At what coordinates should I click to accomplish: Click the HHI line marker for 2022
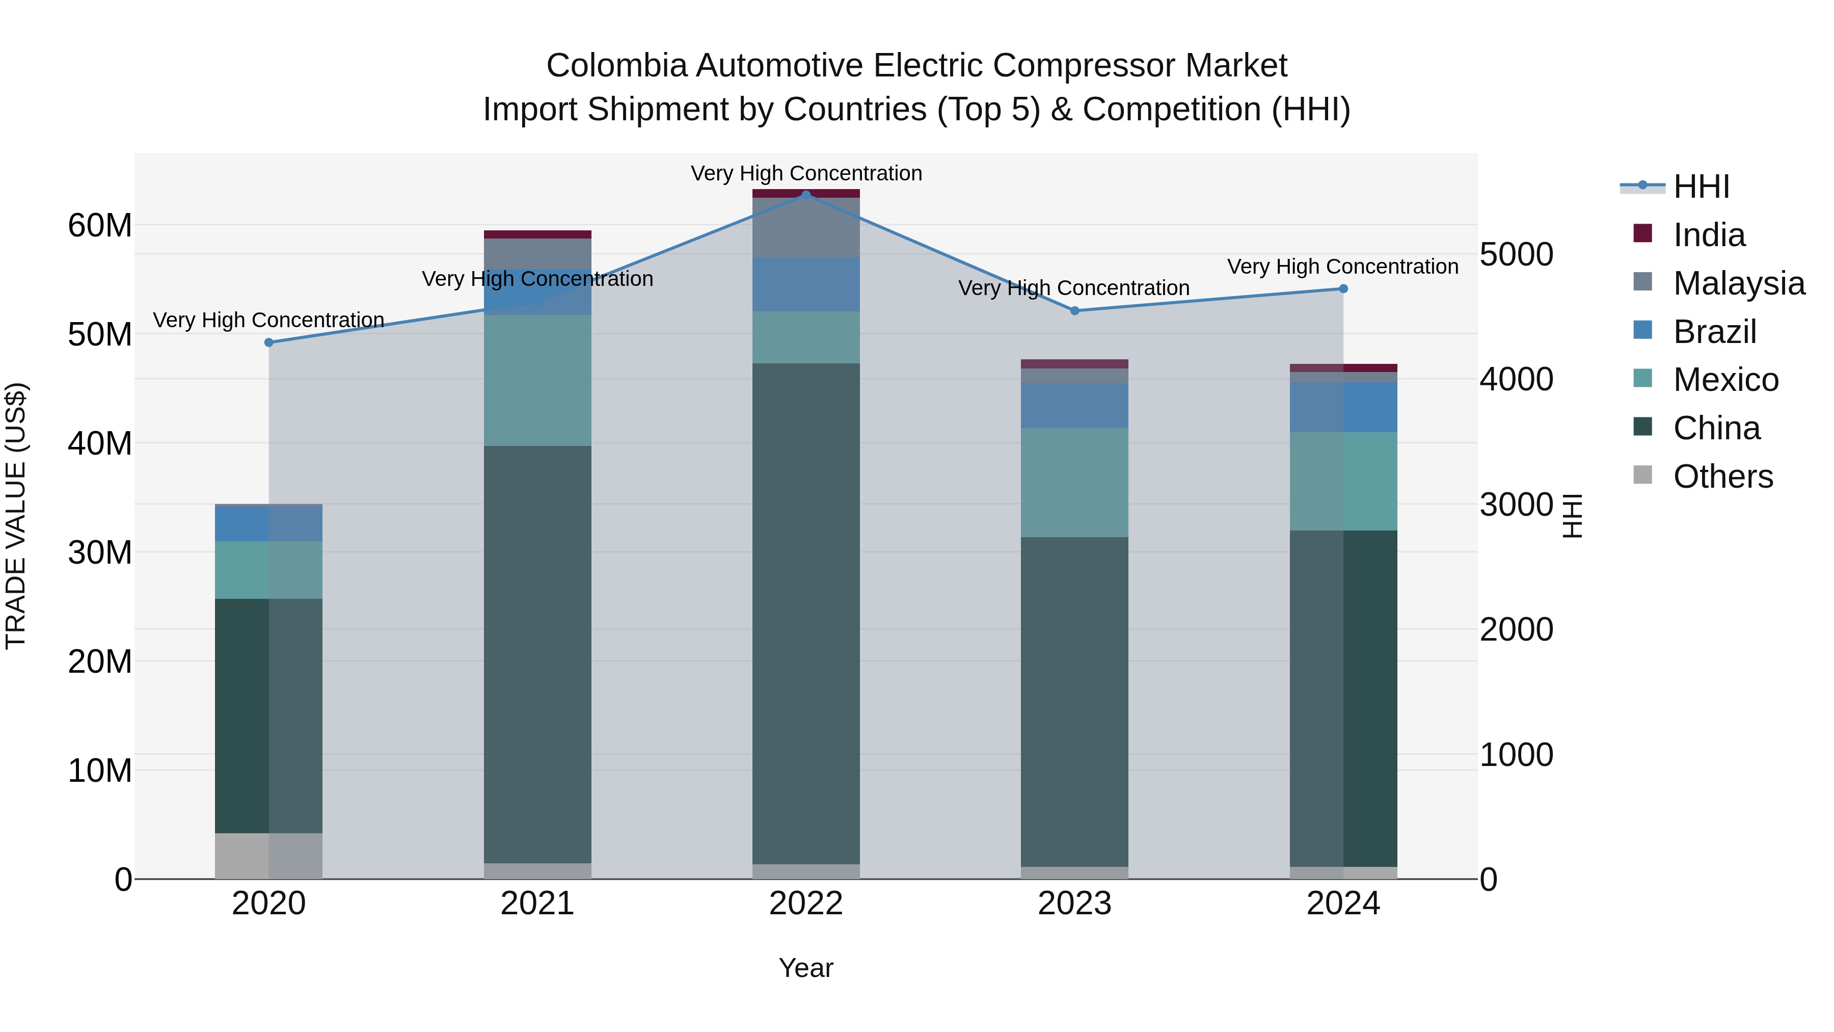[806, 195]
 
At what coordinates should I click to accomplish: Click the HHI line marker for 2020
[269, 342]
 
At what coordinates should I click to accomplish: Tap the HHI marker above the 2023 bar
[1075, 310]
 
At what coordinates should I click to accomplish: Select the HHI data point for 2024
[1343, 288]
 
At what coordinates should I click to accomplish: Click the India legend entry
[1709, 235]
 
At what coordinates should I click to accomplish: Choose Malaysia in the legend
[1738, 283]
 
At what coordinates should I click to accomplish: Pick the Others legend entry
[1722, 477]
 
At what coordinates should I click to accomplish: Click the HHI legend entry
[1701, 187]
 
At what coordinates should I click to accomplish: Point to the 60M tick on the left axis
[100, 226]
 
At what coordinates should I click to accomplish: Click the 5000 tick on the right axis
[1517, 254]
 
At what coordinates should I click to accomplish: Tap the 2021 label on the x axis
[537, 904]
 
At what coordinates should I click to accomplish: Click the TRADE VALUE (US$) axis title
[16, 516]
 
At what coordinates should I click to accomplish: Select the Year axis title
[806, 968]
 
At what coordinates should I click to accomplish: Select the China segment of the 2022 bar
[806, 613]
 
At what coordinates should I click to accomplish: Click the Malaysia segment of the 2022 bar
[806, 227]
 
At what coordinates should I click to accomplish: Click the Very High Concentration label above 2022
[806, 173]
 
